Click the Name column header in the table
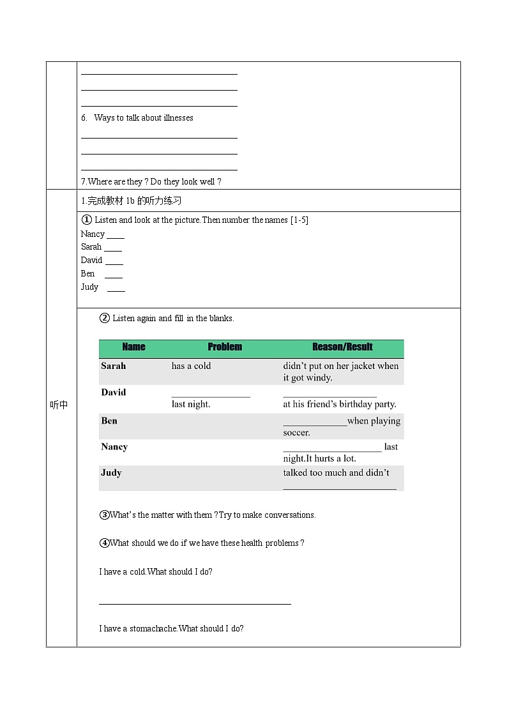click(133, 347)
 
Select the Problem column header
click(225, 347)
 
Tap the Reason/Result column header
click(342, 347)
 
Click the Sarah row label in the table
click(114, 366)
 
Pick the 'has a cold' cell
click(191, 366)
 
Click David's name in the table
click(114, 392)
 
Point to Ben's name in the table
click(109, 421)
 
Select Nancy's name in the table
click(114, 447)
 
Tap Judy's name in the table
click(111, 473)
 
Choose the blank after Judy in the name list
click(116, 290)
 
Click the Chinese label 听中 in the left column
click(59, 405)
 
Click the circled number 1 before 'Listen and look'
click(87, 220)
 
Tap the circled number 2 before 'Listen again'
click(105, 318)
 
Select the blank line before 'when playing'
click(315, 424)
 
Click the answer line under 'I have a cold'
click(195, 603)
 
